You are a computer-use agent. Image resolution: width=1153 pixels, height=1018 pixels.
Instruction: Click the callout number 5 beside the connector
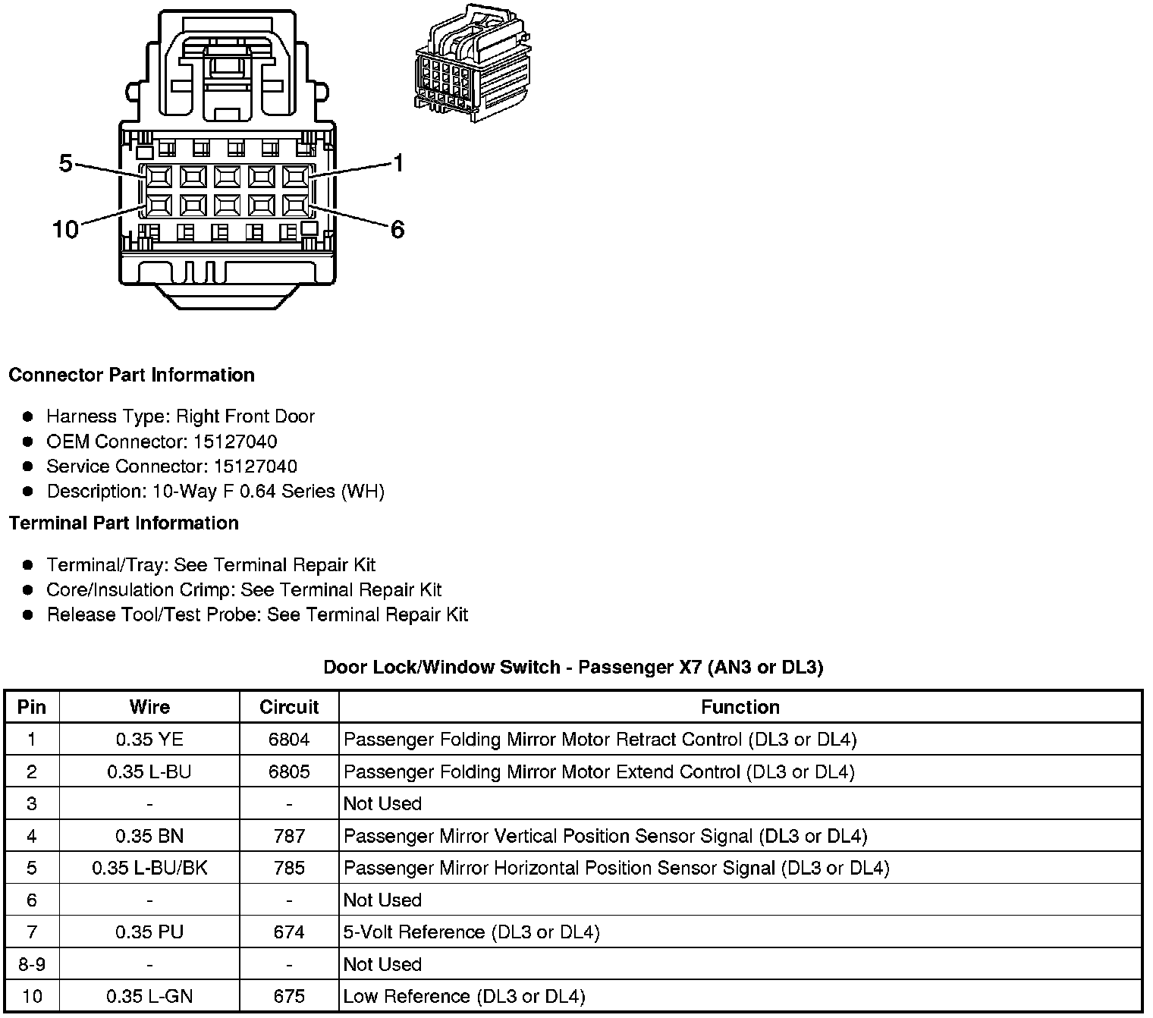pyautogui.click(x=66, y=163)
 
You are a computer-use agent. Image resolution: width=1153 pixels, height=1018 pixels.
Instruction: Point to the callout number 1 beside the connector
pyautogui.click(x=397, y=162)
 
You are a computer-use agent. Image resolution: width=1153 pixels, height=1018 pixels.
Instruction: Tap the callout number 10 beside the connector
pyautogui.click(x=65, y=229)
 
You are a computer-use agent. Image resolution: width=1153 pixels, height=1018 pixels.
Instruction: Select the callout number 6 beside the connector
pyautogui.click(x=397, y=229)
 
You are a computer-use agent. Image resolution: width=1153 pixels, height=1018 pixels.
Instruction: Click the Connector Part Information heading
pyautogui.click(x=131, y=375)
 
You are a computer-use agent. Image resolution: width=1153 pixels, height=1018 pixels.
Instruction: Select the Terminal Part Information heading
pyautogui.click(x=124, y=523)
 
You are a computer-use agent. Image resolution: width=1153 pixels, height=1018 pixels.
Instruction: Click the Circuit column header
pyautogui.click(x=289, y=707)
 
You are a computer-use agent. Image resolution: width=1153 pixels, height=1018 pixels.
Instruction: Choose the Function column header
pyautogui.click(x=740, y=707)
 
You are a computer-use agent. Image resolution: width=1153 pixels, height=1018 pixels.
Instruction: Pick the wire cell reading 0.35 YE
pyautogui.click(x=149, y=739)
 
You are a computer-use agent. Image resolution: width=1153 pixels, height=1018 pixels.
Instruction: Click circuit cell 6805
pyautogui.click(x=289, y=771)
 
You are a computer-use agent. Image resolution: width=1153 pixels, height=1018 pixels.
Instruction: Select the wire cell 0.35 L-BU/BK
pyautogui.click(x=149, y=868)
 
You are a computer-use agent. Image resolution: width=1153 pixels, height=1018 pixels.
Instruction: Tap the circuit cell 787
pyautogui.click(x=289, y=836)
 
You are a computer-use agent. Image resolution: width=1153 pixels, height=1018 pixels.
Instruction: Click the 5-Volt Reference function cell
pyautogui.click(x=471, y=932)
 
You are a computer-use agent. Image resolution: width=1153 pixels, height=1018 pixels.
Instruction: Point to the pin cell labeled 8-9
pyautogui.click(x=31, y=964)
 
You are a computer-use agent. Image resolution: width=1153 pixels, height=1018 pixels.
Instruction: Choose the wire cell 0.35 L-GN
pyautogui.click(x=149, y=996)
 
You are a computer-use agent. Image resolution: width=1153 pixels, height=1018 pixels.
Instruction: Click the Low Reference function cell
pyautogui.click(x=464, y=996)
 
